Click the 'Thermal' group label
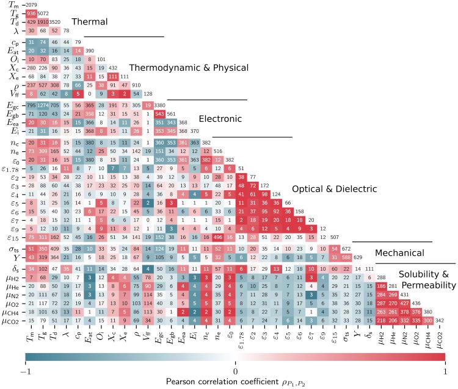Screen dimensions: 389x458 coord(89,22)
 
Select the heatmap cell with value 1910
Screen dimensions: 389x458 coord(47,21)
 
